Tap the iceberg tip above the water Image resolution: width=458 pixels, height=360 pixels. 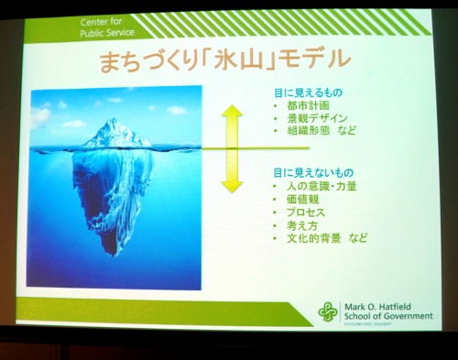114,133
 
